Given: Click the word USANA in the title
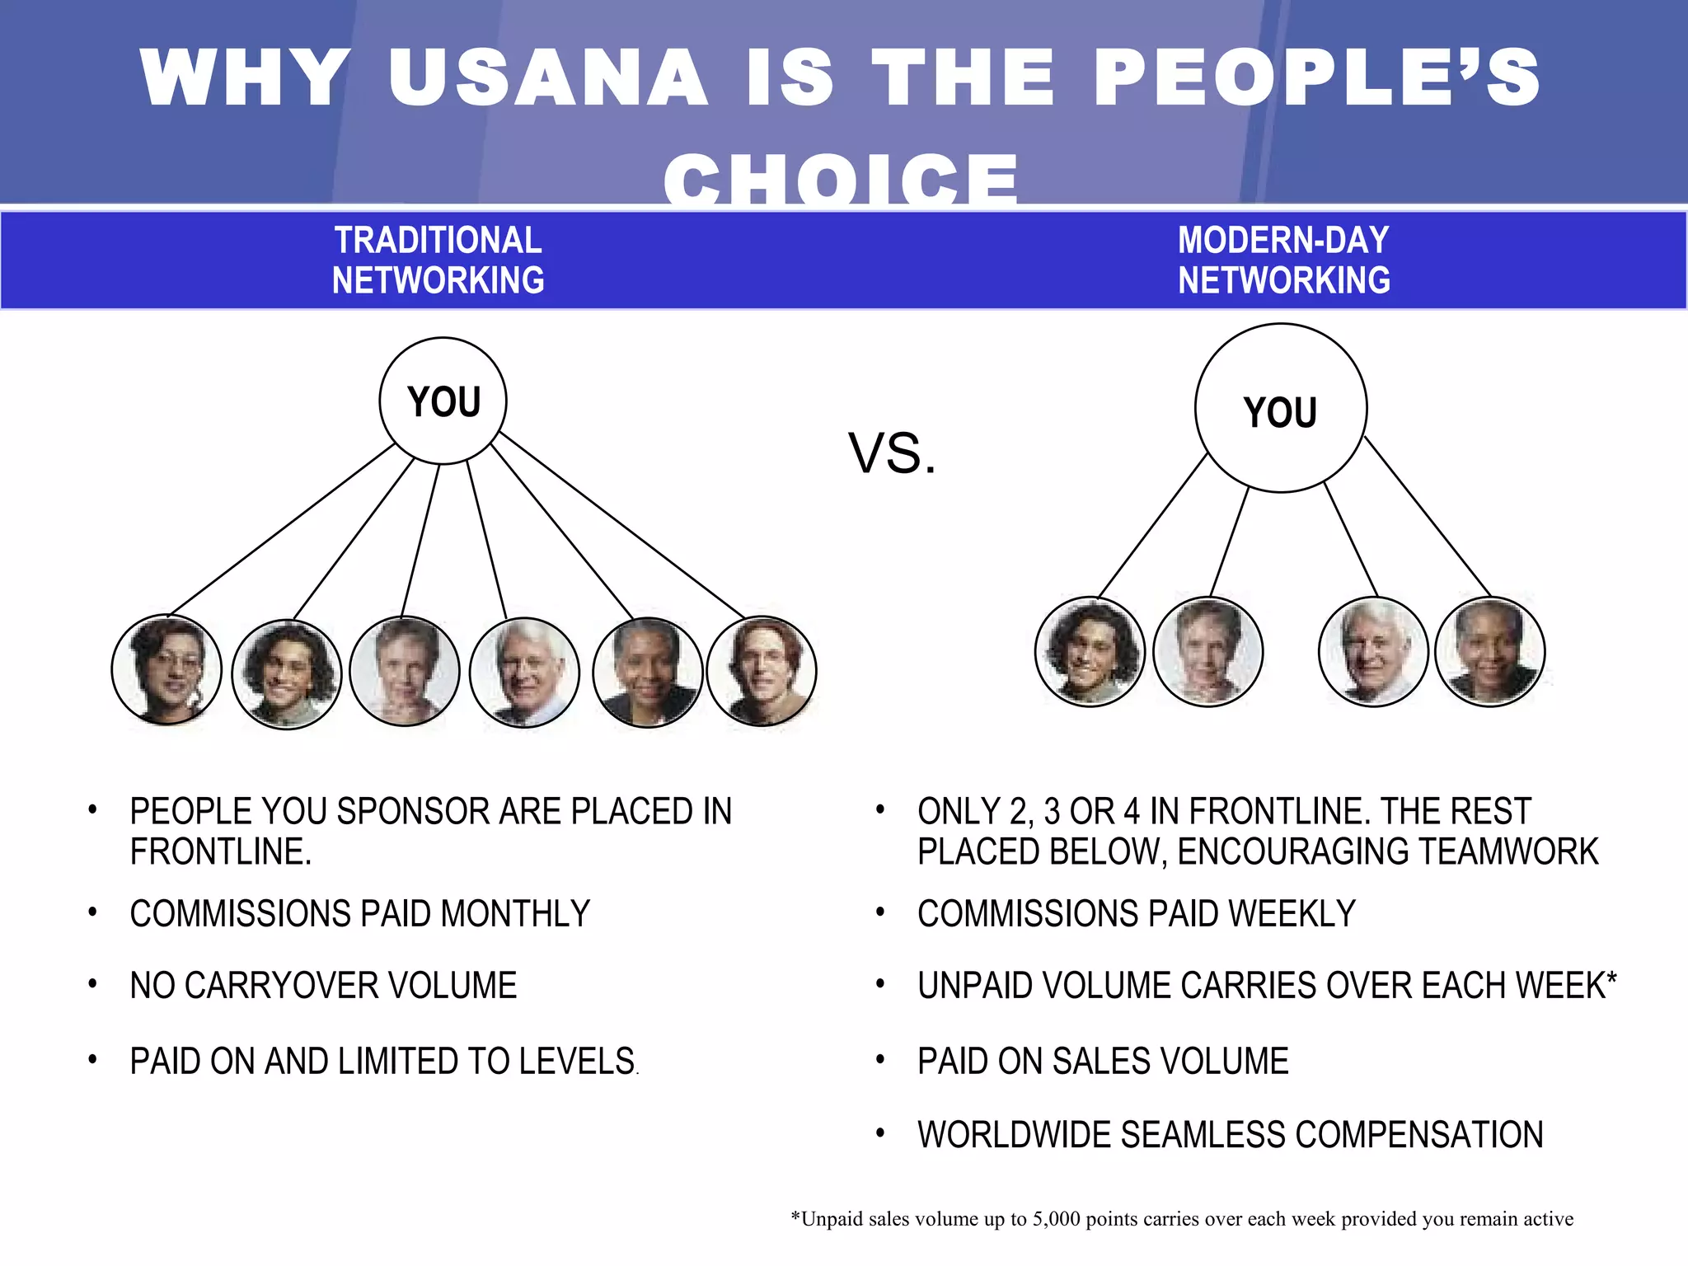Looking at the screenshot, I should pos(548,77).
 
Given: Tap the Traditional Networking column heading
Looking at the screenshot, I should pos(438,260).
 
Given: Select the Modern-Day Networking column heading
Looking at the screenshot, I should pos(1283,260).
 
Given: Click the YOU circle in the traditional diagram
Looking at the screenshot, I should pos(443,401).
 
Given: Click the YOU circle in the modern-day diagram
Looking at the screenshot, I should pos(1281,409).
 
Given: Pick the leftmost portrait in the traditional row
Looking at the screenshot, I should pos(166,670).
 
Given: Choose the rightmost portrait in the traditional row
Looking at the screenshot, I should pos(762,672).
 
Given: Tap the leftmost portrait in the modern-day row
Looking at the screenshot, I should pos(1090,651).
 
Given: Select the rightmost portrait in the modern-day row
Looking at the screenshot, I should pos(1490,651).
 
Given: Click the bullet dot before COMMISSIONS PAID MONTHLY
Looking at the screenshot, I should pos(93,912).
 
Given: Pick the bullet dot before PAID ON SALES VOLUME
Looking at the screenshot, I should pos(881,1059).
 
